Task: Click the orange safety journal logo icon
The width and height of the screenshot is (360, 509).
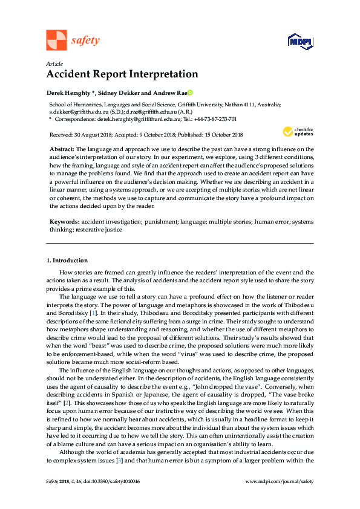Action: tap(56, 41)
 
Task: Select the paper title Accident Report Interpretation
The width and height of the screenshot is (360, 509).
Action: tap(122, 74)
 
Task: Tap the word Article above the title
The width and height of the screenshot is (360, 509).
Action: tap(54, 63)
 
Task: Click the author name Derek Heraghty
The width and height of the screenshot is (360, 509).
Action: tap(70, 92)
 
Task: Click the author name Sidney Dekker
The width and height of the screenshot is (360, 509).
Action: tap(118, 92)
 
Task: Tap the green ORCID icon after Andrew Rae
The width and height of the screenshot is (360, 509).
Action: tap(189, 92)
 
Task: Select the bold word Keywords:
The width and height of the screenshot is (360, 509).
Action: tap(65, 222)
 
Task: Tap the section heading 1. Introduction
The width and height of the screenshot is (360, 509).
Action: tap(67, 260)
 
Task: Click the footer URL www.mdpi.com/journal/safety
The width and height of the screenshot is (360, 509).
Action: tap(280, 498)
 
